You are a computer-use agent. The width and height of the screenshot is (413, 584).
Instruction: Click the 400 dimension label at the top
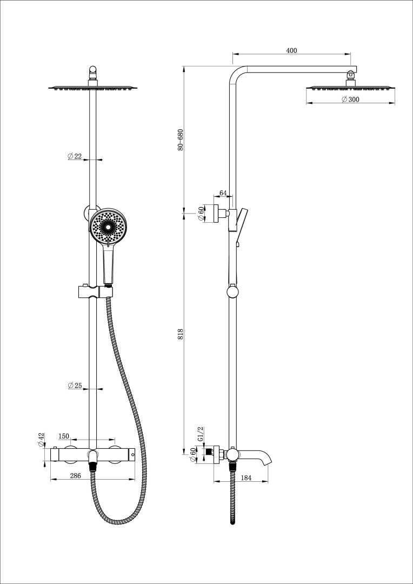[291, 50]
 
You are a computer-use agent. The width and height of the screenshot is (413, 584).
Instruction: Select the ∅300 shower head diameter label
[350, 99]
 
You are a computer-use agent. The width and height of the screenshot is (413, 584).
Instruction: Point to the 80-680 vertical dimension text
[181, 140]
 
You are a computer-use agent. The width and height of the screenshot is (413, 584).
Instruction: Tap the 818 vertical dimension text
[181, 334]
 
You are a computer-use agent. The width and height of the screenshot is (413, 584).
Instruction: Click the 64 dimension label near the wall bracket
[223, 194]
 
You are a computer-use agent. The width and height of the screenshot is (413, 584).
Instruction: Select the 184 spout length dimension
[246, 477]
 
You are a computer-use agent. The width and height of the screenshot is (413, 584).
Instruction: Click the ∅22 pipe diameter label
[75, 156]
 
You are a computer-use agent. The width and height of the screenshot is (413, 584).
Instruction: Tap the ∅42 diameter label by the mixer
[41, 440]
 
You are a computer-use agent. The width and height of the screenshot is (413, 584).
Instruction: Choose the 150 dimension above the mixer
[79, 436]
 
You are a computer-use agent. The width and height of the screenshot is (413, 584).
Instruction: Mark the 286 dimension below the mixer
[76, 476]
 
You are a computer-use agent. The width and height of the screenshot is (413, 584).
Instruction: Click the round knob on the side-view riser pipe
[232, 292]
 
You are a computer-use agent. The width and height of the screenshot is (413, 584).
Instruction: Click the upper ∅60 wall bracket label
[201, 214]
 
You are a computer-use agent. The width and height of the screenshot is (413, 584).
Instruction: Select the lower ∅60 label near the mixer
[193, 455]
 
